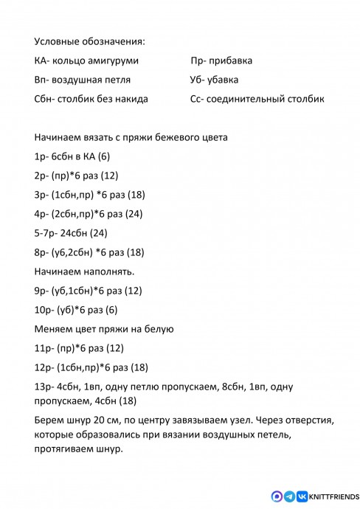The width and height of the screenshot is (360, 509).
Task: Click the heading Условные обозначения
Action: [89, 41]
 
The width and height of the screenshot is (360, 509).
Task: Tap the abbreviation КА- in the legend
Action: [42, 60]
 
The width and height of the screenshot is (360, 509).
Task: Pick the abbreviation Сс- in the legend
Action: [196, 99]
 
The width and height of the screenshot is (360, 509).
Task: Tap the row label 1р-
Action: [41, 156]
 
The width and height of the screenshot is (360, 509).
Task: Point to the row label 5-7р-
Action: [46, 233]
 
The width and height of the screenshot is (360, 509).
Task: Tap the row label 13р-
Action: [44, 387]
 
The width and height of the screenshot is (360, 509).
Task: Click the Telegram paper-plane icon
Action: [289, 496]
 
